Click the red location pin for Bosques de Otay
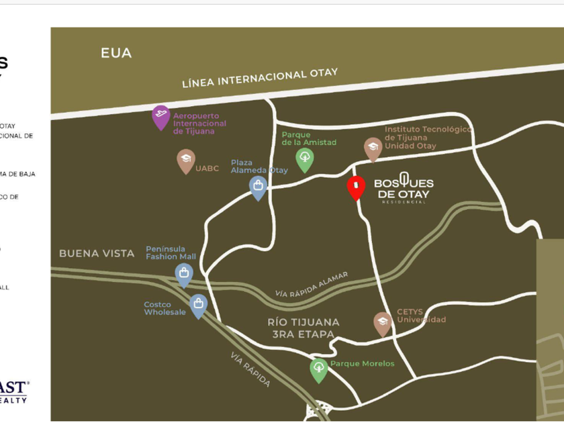tap(356, 187)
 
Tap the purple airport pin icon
tap(160, 116)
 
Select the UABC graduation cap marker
tap(186, 160)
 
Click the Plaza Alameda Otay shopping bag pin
tap(258, 186)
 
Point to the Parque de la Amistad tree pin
tap(305, 158)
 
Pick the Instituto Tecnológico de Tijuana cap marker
tap(373, 148)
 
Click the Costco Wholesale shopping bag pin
tap(198, 305)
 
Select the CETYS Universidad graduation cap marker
tap(383, 323)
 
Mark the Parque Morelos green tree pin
tap(319, 369)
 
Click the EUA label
tap(116, 53)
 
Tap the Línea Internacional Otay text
tap(260, 78)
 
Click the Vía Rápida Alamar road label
tap(312, 285)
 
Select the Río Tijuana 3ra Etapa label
tap(303, 327)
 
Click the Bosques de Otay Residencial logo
tap(404, 189)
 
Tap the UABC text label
tap(207, 169)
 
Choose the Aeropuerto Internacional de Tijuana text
tap(199, 124)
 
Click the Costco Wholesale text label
tap(164, 308)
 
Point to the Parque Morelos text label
tap(363, 363)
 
